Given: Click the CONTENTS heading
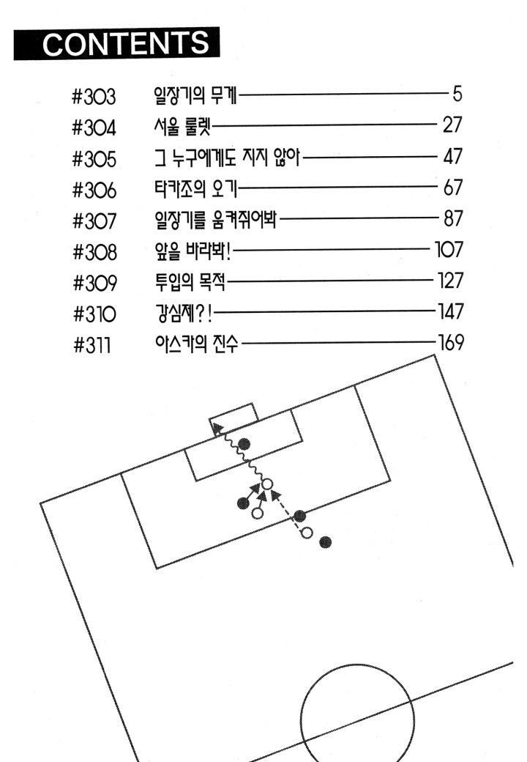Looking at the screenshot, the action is [x=126, y=43].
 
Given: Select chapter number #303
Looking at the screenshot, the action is [x=94, y=96].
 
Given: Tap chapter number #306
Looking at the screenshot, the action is [x=94, y=190].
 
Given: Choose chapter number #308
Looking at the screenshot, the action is [x=94, y=252].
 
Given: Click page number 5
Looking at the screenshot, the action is [x=457, y=93].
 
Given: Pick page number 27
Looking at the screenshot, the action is [x=452, y=125].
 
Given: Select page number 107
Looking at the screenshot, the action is [x=449, y=249].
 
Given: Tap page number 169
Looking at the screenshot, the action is [x=451, y=343].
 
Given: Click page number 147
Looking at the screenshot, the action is [x=451, y=311].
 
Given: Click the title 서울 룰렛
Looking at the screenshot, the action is [x=182, y=126].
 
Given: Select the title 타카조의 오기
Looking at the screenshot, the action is [x=196, y=188].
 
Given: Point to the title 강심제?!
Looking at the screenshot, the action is [x=184, y=314].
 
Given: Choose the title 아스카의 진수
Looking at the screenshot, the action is [x=197, y=344].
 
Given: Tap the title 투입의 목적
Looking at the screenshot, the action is [x=190, y=282].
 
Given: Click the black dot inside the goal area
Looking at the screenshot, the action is [x=244, y=444].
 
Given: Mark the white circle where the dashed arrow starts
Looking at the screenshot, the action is [x=306, y=533].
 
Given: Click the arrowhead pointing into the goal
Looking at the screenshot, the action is [x=217, y=428].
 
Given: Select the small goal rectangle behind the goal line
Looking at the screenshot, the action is [x=234, y=417].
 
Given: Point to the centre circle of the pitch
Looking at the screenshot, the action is [x=301, y=709].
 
